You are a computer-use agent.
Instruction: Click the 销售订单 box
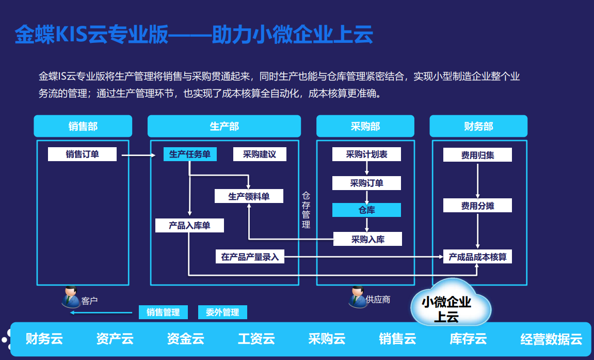(82, 154)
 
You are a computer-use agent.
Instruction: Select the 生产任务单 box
(190, 154)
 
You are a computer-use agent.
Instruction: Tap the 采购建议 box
(260, 154)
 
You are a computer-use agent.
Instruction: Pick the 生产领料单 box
(249, 196)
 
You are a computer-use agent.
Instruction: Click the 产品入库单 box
(189, 225)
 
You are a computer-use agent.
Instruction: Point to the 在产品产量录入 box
(250, 256)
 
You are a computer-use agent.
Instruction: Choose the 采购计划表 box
(366, 154)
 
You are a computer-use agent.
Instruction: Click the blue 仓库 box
(366, 210)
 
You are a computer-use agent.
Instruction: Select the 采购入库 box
(367, 239)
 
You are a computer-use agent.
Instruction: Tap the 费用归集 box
(477, 154)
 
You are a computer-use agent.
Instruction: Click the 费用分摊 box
(477, 205)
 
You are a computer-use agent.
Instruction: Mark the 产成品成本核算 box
(477, 256)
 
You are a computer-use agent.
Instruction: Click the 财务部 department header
(478, 126)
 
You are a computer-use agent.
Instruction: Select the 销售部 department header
(83, 126)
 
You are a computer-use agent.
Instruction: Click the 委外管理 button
(222, 312)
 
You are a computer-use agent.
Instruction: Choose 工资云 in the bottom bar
(256, 339)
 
